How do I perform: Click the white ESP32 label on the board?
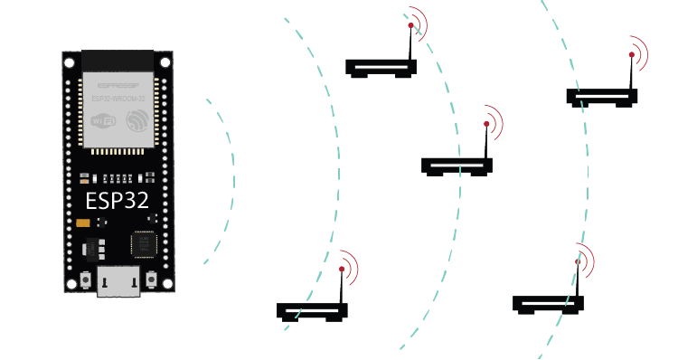[117, 199]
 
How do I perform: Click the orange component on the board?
[83, 223]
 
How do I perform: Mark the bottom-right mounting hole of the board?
[165, 284]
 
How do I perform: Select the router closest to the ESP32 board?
[312, 310]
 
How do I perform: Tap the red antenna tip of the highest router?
[410, 27]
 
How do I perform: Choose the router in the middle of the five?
[457, 166]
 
